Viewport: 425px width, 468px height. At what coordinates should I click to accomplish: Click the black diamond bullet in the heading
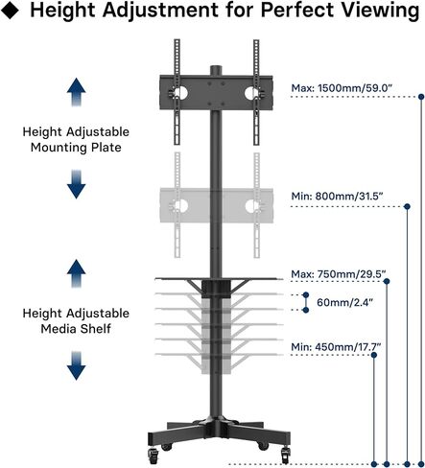(10, 11)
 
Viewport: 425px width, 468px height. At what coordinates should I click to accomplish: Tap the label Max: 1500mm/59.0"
(342, 88)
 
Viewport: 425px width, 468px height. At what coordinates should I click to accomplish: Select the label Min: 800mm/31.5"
(337, 196)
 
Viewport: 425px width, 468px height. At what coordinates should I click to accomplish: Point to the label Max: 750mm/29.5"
(339, 274)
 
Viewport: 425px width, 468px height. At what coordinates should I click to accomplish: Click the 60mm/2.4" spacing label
(344, 302)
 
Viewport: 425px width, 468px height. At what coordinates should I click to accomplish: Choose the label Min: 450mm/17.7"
(336, 346)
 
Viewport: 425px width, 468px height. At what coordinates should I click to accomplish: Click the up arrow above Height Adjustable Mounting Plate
(76, 92)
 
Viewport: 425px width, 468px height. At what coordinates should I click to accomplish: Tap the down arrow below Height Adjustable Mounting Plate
(76, 184)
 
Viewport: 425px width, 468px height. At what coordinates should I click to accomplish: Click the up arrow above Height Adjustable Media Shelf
(76, 273)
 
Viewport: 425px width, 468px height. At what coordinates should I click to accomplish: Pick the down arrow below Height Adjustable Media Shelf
(76, 365)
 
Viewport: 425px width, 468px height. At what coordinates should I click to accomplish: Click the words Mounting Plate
(76, 148)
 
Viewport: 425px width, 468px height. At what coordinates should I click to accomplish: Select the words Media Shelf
(76, 329)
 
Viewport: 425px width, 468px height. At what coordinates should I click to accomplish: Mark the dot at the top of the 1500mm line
(421, 97)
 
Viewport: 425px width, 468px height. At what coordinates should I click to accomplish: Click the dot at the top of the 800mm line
(407, 206)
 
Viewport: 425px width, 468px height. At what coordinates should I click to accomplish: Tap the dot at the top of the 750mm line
(387, 281)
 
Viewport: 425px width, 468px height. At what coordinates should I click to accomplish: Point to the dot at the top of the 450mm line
(374, 355)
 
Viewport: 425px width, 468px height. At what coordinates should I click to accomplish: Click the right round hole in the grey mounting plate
(251, 206)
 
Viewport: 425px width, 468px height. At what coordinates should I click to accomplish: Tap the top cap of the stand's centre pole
(216, 70)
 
